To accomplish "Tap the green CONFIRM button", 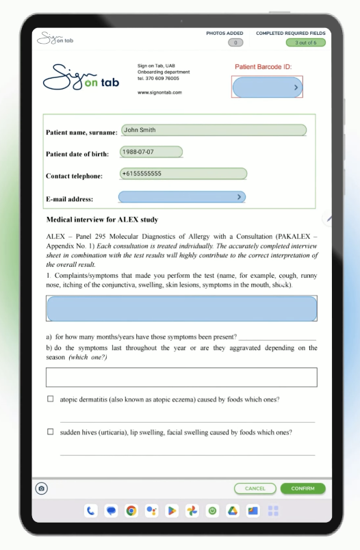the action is coord(303,488).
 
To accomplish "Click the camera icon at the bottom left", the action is coord(42,488).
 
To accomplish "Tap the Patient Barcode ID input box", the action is coord(267,87).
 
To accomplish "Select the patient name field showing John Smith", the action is coord(214,130).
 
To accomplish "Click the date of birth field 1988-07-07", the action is coord(151,152).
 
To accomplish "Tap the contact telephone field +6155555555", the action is coord(183,174).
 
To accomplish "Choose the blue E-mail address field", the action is coord(181,197).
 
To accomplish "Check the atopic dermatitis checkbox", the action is coord(50,399).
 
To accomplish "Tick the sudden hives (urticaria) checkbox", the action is coord(50,432).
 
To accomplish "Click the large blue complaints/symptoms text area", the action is coord(181,309).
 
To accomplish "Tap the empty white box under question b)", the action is coord(181,378).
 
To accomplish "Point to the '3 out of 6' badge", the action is coord(305,42).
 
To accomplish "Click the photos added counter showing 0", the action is coord(235,42).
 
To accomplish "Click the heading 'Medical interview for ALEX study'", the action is coord(102,220).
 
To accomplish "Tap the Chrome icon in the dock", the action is coord(131,510).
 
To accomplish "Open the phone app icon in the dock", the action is coord(90,510).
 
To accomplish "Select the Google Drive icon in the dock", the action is coord(233,510).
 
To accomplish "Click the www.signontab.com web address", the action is coord(159,92).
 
